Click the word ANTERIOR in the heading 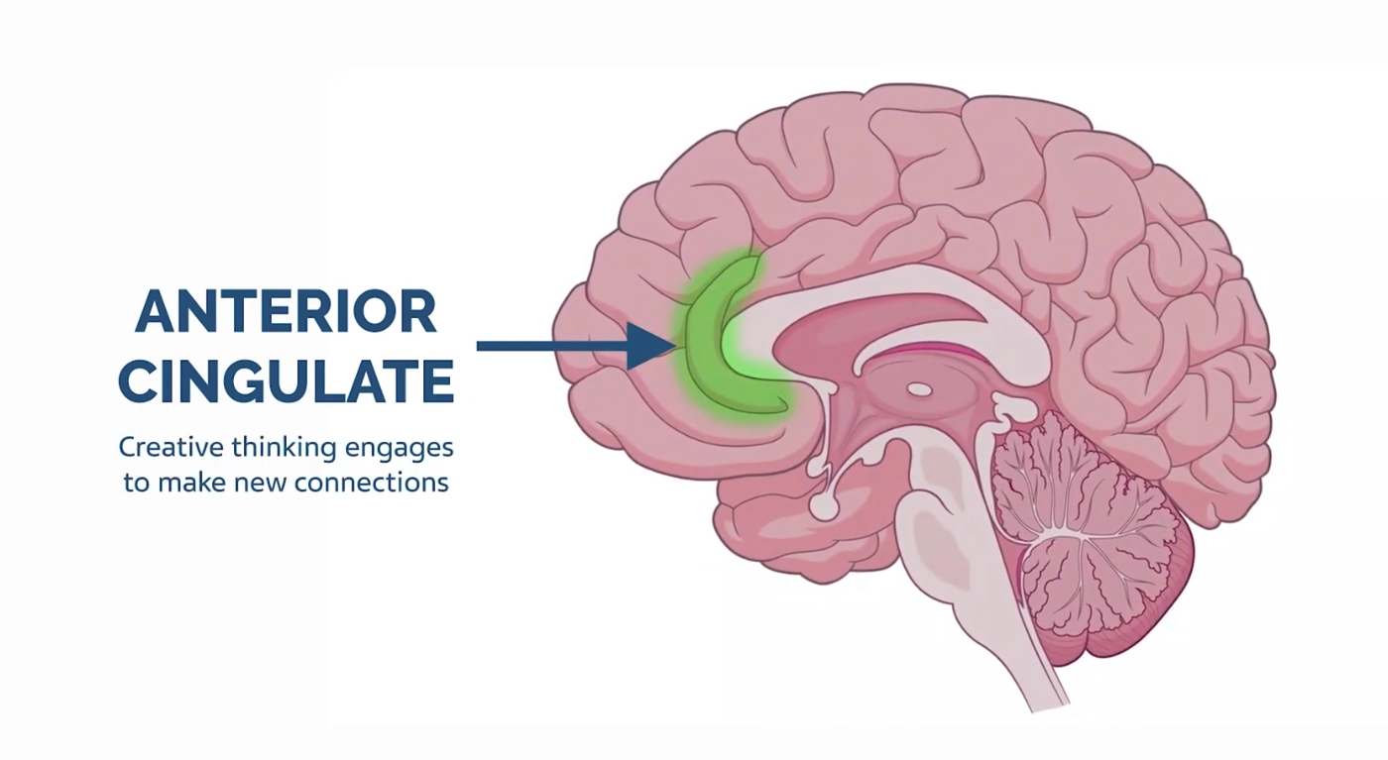pyautogui.click(x=286, y=311)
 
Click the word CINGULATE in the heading pyautogui.click(x=286, y=380)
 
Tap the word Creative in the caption pyautogui.click(x=171, y=447)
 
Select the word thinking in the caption pyautogui.click(x=285, y=448)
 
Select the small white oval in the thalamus pyautogui.click(x=920, y=389)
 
